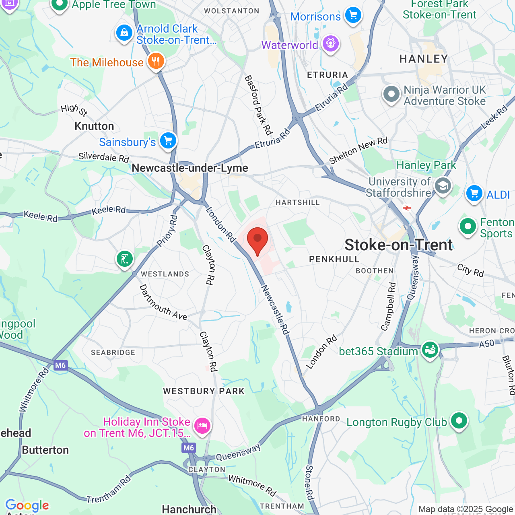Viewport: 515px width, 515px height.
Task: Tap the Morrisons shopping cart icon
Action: [353, 15]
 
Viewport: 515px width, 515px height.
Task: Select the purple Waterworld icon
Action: [331, 43]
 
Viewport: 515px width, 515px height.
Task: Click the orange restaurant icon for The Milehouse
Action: [156, 62]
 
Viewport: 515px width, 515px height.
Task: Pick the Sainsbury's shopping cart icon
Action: [168, 141]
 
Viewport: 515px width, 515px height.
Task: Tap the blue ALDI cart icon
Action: [474, 194]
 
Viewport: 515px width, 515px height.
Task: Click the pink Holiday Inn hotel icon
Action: [202, 425]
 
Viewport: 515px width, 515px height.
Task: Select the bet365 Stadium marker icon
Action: [430, 350]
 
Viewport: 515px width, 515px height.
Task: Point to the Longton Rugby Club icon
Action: [459, 421]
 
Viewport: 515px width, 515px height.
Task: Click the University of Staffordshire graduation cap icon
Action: [443, 186]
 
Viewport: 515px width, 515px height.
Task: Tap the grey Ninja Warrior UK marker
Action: [391, 95]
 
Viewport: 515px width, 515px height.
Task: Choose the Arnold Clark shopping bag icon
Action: [124, 33]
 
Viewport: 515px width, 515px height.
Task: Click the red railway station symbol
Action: [407, 208]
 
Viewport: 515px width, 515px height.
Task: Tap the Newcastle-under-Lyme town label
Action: [190, 168]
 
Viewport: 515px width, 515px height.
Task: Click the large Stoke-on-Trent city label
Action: [399, 245]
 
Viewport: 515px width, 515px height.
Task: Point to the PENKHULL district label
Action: [334, 260]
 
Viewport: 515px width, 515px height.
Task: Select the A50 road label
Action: [486, 344]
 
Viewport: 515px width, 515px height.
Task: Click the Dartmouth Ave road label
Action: [163, 303]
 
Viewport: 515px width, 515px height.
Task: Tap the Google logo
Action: [27, 505]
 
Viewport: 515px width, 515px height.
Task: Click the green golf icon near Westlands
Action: [125, 259]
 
